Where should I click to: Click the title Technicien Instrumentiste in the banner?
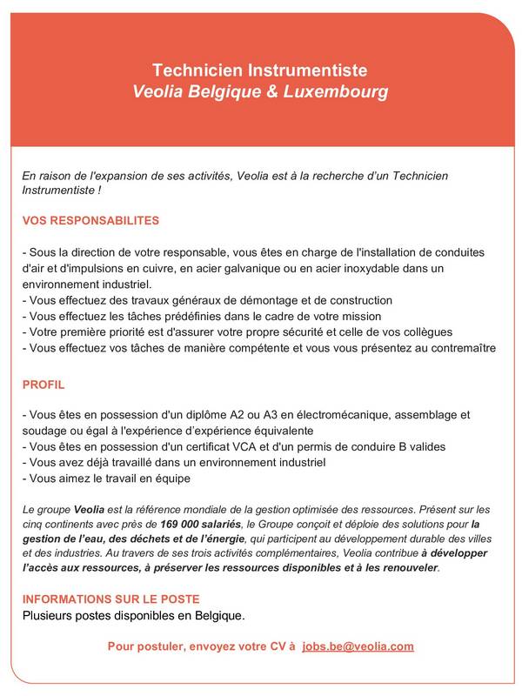coord(260,70)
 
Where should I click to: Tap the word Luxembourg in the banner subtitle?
coord(336,90)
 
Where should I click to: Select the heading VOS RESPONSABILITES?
coord(90,221)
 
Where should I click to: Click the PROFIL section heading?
coord(43,384)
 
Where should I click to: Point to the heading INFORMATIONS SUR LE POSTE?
coord(110,599)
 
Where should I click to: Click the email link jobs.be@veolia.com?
coord(358,646)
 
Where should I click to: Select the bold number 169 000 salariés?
coord(202,524)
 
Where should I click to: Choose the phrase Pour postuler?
coord(142,646)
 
